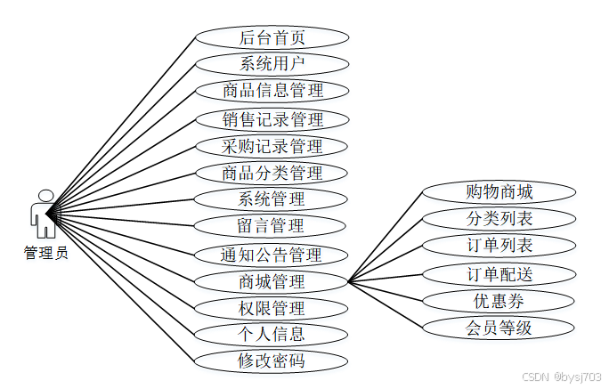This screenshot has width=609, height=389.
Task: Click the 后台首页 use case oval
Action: tap(272, 37)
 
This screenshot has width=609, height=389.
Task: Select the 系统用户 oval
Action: tap(272, 64)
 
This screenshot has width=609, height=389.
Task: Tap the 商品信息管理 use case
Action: tap(272, 91)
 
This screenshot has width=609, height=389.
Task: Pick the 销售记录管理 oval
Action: tap(272, 119)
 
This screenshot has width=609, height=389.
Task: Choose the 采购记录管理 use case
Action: tap(272, 146)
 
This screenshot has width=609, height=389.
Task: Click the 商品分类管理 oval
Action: tap(272, 173)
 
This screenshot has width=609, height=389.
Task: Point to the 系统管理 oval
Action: tap(272, 199)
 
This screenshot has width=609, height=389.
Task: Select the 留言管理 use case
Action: tap(272, 226)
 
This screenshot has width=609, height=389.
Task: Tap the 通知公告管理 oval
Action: tap(272, 255)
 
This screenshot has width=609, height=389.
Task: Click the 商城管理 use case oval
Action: tap(272, 282)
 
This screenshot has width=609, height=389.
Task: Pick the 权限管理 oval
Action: tap(272, 309)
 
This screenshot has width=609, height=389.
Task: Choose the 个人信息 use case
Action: tap(272, 335)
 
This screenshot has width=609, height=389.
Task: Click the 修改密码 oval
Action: tap(272, 361)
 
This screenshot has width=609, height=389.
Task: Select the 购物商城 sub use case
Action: tap(499, 191)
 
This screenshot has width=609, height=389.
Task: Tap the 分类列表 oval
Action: tap(499, 218)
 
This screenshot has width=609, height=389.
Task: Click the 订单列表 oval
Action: tap(499, 245)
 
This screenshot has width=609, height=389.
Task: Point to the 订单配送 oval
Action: tap(499, 273)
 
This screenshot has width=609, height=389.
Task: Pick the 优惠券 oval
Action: tap(499, 300)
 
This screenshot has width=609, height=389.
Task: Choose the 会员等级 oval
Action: tap(499, 328)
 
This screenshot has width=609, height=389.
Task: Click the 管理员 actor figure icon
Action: tap(44, 214)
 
